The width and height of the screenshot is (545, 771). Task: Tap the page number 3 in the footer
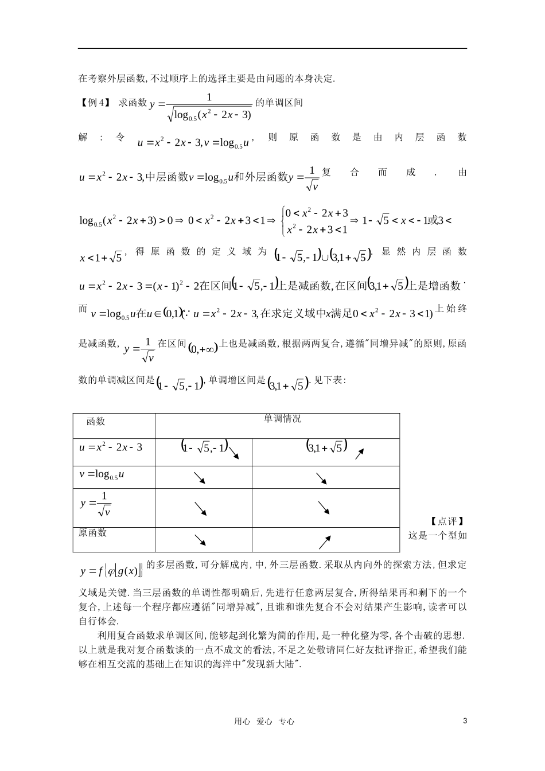(x=465, y=721)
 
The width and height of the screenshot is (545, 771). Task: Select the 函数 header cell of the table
(x=96, y=422)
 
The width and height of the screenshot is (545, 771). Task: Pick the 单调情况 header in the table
(x=282, y=419)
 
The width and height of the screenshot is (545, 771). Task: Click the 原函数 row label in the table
(x=93, y=533)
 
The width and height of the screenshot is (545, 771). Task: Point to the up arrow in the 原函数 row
(x=325, y=542)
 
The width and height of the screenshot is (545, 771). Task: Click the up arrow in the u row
(x=359, y=454)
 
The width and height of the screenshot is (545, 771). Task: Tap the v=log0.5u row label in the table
(x=102, y=474)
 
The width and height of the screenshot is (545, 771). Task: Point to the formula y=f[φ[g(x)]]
(x=111, y=571)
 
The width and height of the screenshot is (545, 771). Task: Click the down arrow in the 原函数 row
(x=200, y=540)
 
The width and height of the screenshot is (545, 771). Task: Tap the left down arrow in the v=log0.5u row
(x=200, y=477)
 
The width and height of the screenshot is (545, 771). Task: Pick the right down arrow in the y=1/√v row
(x=324, y=508)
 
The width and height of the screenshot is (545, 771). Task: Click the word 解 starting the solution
(x=82, y=137)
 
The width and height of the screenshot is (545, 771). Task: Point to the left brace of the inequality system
(x=282, y=221)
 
